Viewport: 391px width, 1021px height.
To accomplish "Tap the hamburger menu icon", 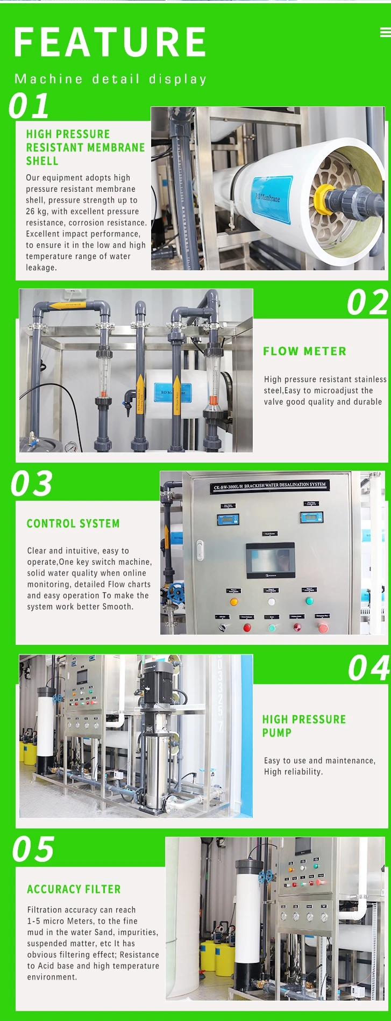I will click(385, 33).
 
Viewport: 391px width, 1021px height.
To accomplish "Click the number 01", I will click(30, 106).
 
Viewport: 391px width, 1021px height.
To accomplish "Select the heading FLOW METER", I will click(304, 351).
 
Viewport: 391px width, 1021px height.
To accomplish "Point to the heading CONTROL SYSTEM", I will click(73, 523).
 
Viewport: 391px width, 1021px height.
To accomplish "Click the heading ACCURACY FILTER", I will click(74, 889).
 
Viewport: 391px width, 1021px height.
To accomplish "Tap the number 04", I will click(368, 668).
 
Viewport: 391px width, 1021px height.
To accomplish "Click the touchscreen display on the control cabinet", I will click(271, 558).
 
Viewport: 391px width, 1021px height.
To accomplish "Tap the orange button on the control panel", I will click(234, 602).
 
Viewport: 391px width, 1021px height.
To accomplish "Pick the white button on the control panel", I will click(272, 602).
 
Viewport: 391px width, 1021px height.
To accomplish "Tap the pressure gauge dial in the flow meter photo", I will click(70, 447).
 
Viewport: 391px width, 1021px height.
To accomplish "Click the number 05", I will click(33, 850).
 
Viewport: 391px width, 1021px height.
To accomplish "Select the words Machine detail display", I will click(110, 79).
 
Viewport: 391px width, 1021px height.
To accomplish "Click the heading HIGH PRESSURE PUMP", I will click(304, 726).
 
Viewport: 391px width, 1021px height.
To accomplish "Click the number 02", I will click(367, 303).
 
